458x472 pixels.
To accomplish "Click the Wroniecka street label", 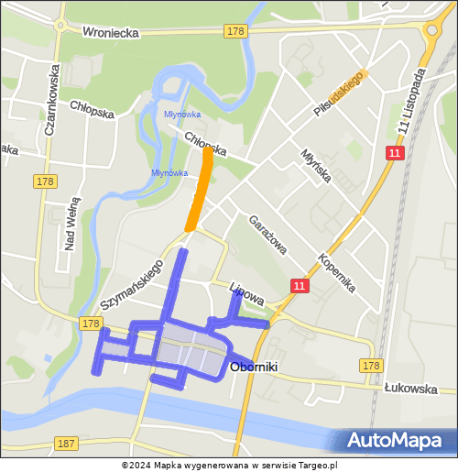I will [110, 32].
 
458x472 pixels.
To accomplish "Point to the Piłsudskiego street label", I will [340, 93].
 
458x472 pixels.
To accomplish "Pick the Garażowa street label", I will [267, 234].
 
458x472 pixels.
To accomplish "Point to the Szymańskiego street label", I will [132, 283].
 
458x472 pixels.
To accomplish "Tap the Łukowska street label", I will [411, 389].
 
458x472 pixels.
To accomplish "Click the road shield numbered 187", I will [66, 443].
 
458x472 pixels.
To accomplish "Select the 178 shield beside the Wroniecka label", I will [235, 31].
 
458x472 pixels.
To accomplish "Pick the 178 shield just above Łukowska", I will [370, 366].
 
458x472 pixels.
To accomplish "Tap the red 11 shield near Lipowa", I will [300, 287].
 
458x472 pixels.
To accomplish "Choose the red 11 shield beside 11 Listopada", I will [394, 154].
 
